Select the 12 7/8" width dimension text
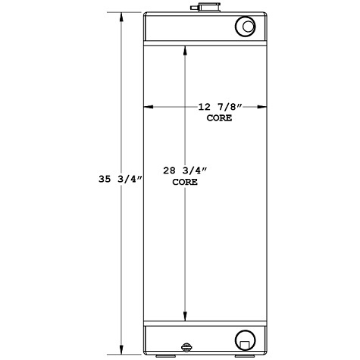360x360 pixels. [x=216, y=108]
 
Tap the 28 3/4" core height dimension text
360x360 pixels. [x=186, y=172]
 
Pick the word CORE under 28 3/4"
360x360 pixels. [x=186, y=183]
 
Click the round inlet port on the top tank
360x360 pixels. [x=247, y=27]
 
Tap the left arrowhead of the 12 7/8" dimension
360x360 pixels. [x=149, y=108]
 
